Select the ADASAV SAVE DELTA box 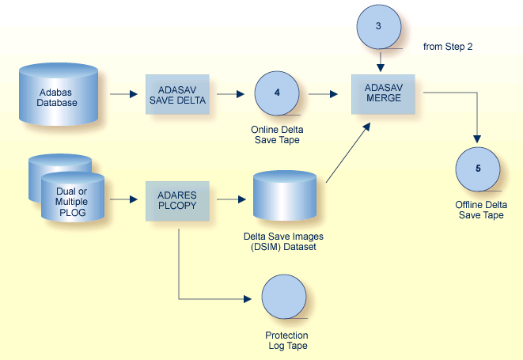(x=177, y=95)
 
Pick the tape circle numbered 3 (x=378, y=27)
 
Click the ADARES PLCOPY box (x=177, y=199)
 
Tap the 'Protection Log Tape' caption (x=286, y=340)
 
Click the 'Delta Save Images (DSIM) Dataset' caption (x=283, y=241)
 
